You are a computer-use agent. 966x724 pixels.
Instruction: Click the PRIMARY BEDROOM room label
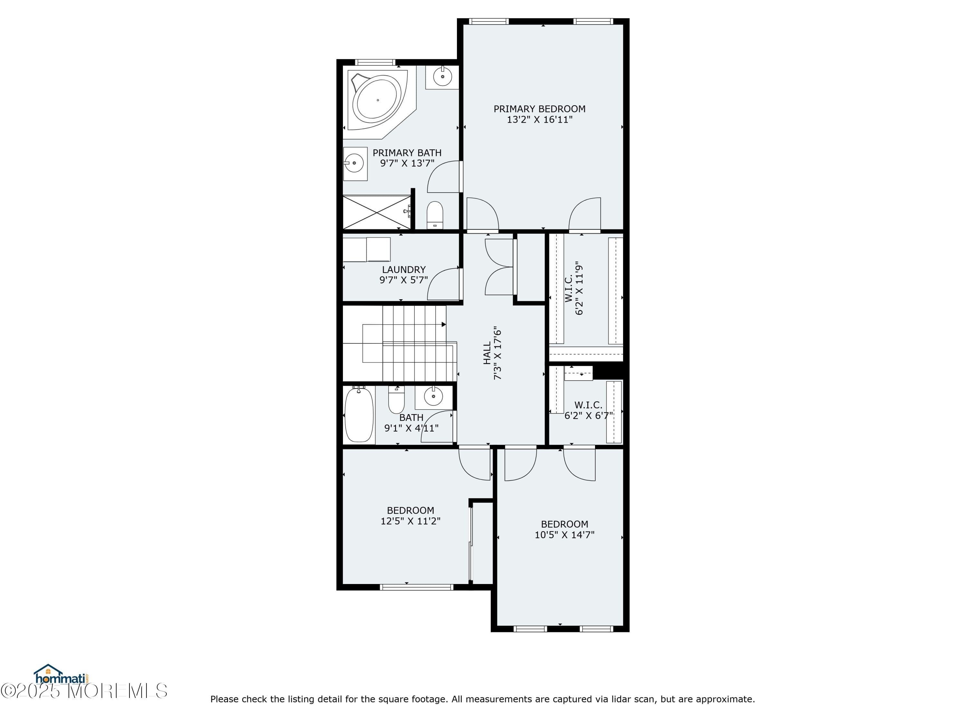[x=539, y=109]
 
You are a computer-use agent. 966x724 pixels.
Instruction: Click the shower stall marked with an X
[x=376, y=212]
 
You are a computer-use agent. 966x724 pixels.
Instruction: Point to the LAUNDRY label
[x=403, y=270]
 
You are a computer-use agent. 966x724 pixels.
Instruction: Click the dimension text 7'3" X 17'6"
[x=497, y=353]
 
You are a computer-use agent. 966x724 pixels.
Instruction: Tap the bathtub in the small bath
[x=359, y=414]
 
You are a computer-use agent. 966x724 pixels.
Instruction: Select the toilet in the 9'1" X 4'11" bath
[x=396, y=400]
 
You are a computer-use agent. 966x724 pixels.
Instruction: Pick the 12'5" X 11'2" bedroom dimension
[x=410, y=521]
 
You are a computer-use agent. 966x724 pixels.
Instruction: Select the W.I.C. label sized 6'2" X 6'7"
[x=588, y=405]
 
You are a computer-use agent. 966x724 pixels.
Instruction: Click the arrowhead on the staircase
[x=444, y=324]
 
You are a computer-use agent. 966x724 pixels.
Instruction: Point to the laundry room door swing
[x=443, y=284]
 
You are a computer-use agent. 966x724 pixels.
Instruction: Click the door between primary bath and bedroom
[x=444, y=177]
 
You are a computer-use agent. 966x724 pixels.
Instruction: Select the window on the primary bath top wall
[x=375, y=62]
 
